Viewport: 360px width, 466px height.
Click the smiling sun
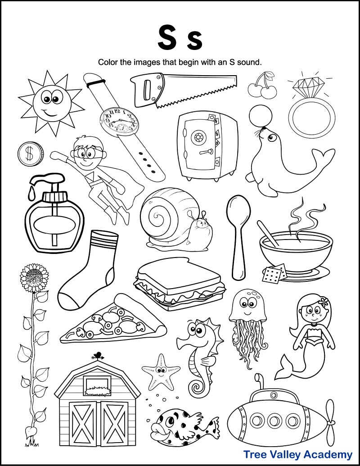click(x=50, y=101)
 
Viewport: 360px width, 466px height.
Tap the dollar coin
click(x=30, y=154)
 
